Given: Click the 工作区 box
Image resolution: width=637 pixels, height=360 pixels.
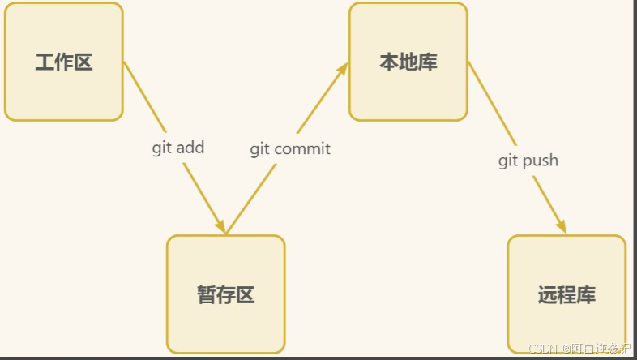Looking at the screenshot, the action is pos(63,62).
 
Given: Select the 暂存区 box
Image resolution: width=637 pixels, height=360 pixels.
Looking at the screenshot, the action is pos(226,294).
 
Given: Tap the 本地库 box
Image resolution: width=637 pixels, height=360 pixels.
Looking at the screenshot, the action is pos(408,62).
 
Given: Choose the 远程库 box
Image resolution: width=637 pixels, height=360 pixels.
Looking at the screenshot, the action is pos(566,294).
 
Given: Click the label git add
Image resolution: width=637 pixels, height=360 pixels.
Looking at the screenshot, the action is pos(178,148).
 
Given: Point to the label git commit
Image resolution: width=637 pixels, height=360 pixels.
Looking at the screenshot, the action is pos(290,148).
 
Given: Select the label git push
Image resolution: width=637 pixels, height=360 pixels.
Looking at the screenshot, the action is pos(528,160).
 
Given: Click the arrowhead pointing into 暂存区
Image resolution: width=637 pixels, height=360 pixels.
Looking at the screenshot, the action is pos(220,226).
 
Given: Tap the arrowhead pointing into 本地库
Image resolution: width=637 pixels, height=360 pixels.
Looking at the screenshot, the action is pos(343,69).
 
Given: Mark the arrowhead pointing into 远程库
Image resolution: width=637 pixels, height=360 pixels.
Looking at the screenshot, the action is pos(560,226).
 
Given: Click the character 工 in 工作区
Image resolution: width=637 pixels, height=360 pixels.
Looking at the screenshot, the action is pos(45,62).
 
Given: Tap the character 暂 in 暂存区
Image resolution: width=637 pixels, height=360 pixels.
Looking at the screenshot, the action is pos(207,295).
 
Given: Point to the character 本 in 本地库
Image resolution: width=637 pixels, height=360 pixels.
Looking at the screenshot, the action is pos(389,62).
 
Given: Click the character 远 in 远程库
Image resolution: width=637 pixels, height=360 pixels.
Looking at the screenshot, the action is pos(547,295).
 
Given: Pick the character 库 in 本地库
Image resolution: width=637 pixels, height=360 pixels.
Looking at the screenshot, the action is pos(428,62).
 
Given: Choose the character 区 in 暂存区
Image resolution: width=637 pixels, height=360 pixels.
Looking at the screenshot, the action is pos(246,295).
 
